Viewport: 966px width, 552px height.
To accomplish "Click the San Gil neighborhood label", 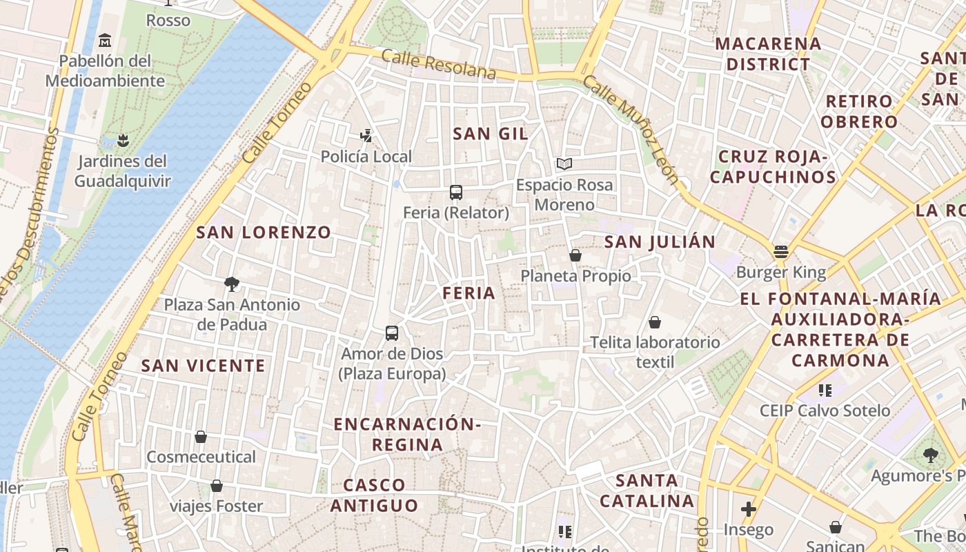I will tap(490, 134).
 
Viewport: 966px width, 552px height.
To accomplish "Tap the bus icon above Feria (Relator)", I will tap(455, 193).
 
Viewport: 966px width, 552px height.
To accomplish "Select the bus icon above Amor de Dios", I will tap(392, 333).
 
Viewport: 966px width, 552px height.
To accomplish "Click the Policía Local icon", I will tap(366, 136).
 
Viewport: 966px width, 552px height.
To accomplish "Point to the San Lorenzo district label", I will tap(264, 233).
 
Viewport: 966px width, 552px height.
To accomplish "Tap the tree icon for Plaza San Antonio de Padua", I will tap(232, 284).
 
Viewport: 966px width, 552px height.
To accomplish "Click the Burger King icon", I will tap(780, 252).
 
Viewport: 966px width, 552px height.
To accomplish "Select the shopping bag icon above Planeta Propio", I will tap(575, 256).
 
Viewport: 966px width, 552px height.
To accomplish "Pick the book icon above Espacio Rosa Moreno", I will tap(564, 164).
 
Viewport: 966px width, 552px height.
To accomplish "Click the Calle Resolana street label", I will tap(438, 63).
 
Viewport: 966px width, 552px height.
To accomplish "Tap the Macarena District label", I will tap(768, 54).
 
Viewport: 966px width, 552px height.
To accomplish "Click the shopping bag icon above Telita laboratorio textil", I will tap(654, 322).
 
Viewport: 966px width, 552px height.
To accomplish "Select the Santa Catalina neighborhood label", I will tap(646, 490).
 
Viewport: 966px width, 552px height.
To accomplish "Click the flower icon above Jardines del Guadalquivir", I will tap(123, 141).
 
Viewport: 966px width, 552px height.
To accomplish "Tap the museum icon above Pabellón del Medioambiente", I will tap(105, 41).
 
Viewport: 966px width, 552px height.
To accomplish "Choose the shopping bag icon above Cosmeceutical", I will tap(201, 437).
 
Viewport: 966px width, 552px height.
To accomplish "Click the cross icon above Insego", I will tap(749, 510).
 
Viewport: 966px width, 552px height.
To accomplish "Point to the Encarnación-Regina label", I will tap(406, 434).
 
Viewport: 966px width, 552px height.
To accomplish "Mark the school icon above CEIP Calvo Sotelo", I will tap(825, 391).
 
